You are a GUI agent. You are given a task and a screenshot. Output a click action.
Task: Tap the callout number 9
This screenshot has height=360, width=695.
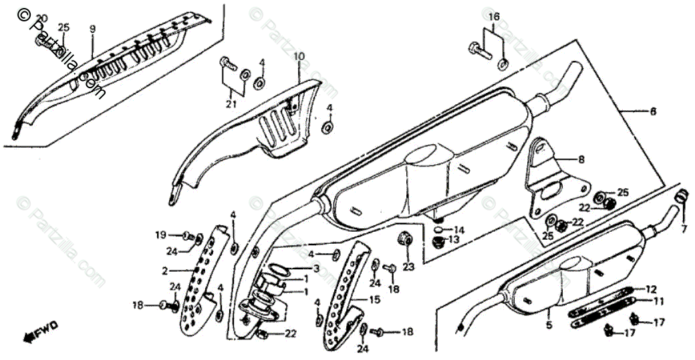click(x=93, y=29)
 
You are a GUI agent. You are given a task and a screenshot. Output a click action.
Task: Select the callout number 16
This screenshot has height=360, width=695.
click(x=493, y=16)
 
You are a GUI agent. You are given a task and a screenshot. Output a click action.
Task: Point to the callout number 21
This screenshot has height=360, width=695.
click(x=231, y=104)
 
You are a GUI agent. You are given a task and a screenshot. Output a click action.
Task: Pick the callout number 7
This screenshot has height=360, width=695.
click(x=684, y=229)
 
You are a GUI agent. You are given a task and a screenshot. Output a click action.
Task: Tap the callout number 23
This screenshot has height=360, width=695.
click(x=408, y=266)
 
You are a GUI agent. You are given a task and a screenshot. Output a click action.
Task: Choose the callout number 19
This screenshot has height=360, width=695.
click(x=160, y=234)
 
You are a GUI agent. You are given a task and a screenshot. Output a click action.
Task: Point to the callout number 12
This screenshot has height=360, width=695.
click(x=652, y=289)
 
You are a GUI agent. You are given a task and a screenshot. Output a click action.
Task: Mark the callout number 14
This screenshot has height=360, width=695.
click(x=459, y=229)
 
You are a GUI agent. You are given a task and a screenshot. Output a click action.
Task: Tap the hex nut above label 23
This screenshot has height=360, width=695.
click(x=405, y=237)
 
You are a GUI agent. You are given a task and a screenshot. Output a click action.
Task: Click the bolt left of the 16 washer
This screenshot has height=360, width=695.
click(x=479, y=49)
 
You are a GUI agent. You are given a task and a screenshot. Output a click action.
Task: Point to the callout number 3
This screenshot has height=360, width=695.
click(x=316, y=268)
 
